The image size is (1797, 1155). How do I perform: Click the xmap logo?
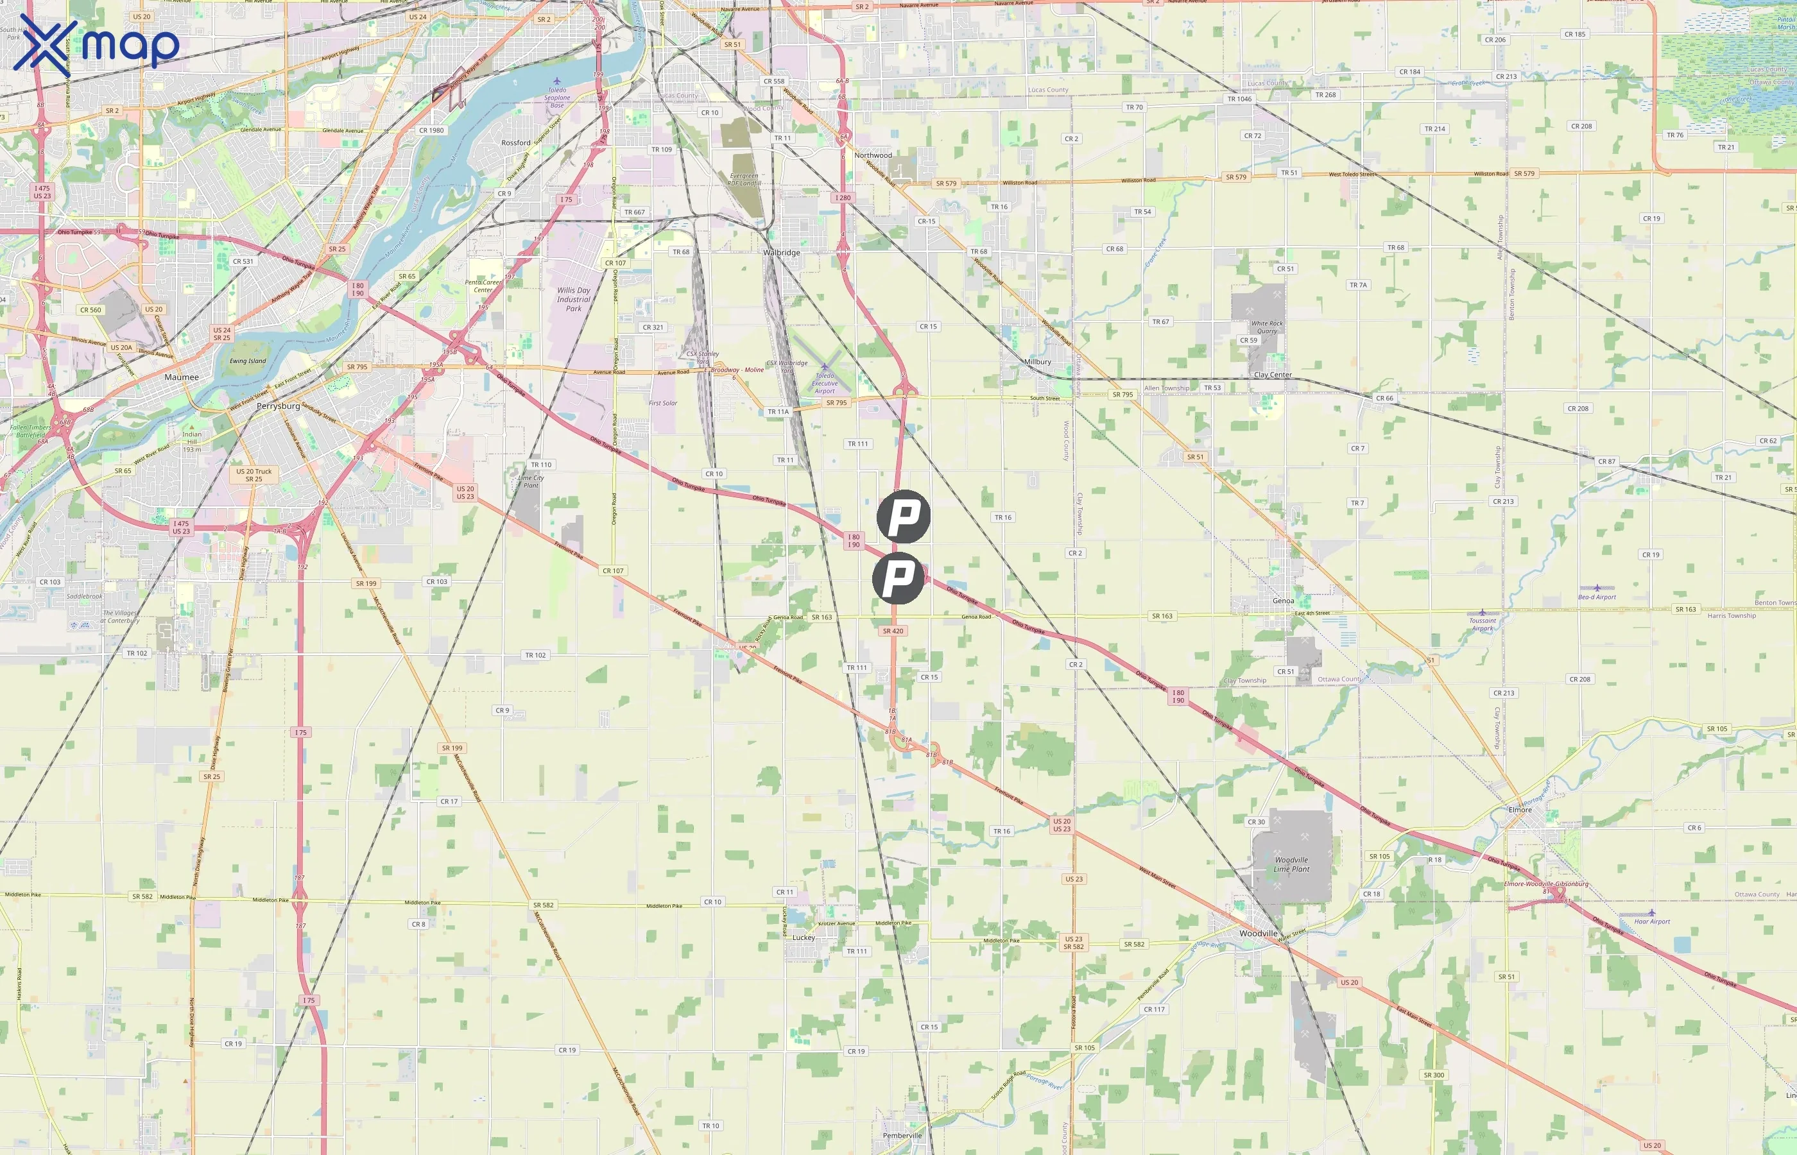(x=96, y=44)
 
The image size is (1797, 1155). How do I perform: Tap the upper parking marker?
(x=904, y=517)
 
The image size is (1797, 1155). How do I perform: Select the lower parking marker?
(x=898, y=578)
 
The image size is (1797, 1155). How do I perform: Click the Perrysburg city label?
(x=279, y=406)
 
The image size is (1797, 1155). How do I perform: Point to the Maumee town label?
(x=182, y=377)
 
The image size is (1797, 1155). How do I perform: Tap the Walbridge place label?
(x=782, y=253)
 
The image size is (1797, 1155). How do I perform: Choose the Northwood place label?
(x=873, y=155)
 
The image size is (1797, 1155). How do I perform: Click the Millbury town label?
(x=1037, y=361)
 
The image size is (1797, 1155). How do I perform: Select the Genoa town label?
(x=1283, y=601)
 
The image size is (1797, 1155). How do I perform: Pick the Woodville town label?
(x=1258, y=934)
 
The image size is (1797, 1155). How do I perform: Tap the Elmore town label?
(x=1520, y=810)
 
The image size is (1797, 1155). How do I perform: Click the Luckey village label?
(x=804, y=937)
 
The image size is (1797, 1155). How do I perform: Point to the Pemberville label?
(x=902, y=1136)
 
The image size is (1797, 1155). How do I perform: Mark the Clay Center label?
(x=1273, y=375)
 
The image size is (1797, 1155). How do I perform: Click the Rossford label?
(x=516, y=142)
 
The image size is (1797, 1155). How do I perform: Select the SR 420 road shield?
(x=893, y=631)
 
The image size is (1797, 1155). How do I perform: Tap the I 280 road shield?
(x=843, y=198)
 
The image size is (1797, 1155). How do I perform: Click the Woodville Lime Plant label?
(x=1291, y=865)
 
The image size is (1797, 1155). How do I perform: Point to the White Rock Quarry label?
(x=1267, y=327)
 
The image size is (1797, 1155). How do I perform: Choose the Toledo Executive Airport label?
(x=824, y=383)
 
